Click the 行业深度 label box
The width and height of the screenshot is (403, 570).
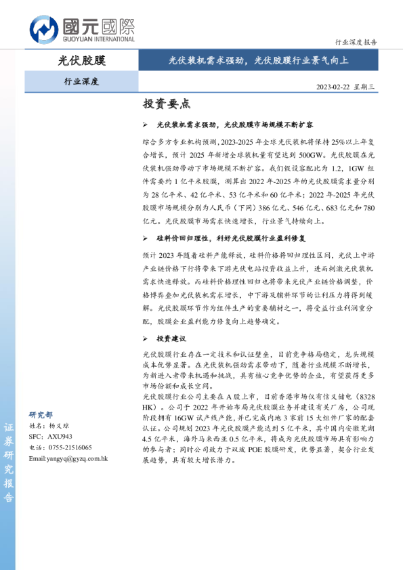[81, 82]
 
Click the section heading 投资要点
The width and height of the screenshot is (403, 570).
[166, 104]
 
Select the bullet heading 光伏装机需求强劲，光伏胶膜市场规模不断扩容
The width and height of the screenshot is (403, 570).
[234, 126]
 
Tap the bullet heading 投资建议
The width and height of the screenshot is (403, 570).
[171, 338]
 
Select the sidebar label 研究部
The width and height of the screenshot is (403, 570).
[41, 414]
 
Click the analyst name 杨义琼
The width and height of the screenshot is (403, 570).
[60, 426]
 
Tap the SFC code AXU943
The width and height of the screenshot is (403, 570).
[60, 437]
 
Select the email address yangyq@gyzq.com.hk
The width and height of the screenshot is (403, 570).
[68, 459]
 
